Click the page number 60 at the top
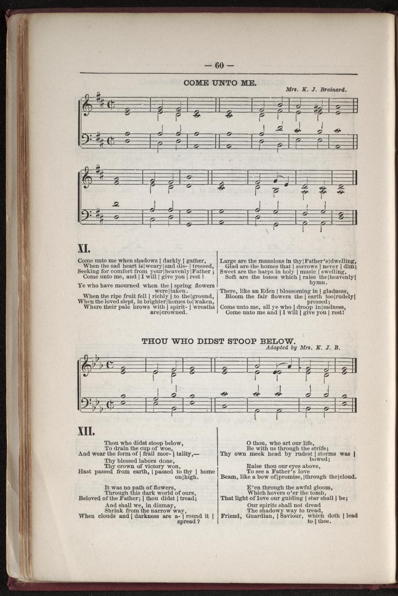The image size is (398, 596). (x=218, y=65)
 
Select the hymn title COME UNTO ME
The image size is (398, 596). (x=220, y=82)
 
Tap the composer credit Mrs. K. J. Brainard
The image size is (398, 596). (x=317, y=90)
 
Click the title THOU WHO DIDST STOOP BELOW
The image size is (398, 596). (x=219, y=340)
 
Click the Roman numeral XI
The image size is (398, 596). (x=83, y=248)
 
